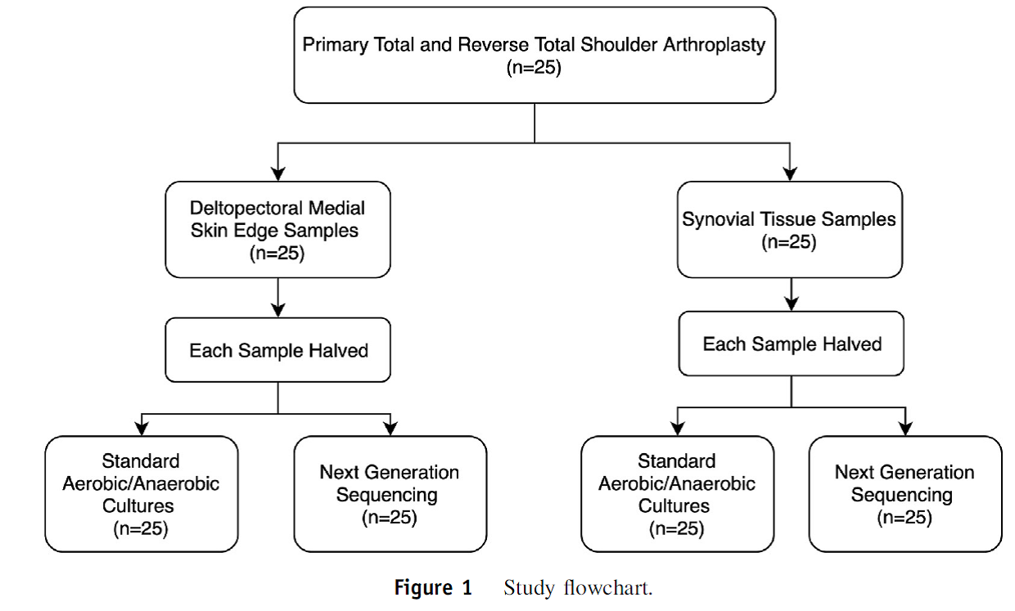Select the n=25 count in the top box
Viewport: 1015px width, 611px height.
[x=534, y=68]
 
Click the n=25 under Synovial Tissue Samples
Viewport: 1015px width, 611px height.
[x=789, y=242]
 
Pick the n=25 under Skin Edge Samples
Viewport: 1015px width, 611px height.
[x=277, y=253]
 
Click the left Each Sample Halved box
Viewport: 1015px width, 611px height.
[x=277, y=350]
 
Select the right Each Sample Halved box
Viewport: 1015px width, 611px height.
[x=792, y=344]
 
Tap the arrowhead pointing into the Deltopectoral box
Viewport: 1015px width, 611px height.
[x=277, y=174]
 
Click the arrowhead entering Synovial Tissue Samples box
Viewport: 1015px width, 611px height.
[x=790, y=174]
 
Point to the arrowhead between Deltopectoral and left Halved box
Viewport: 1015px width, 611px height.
[x=277, y=311]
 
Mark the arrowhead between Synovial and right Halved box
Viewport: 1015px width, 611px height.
[x=792, y=304]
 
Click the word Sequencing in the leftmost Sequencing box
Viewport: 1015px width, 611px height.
[x=386, y=495]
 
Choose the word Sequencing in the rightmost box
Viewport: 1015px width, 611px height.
[x=901, y=495]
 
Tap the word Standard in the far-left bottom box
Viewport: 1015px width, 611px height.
[x=141, y=461]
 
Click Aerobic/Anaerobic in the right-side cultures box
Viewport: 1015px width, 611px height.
[x=676, y=483]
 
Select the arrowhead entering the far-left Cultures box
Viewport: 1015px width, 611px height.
[x=142, y=429]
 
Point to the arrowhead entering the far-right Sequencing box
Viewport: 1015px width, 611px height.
[x=905, y=429]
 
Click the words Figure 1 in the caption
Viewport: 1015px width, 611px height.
[x=433, y=588]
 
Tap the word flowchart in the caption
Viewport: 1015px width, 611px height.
[x=608, y=588]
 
